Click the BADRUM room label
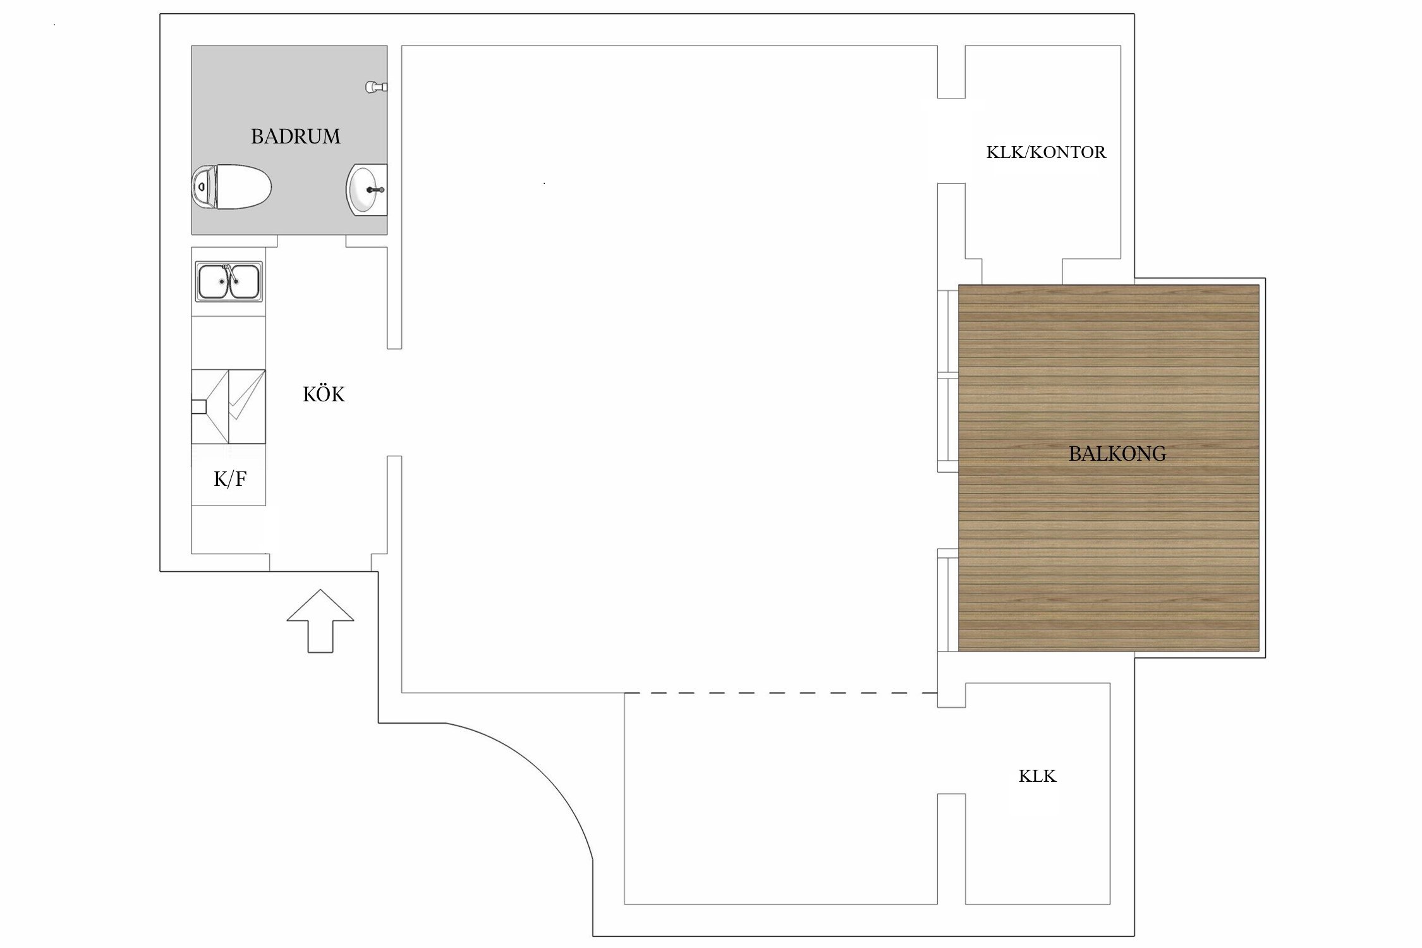click(x=295, y=137)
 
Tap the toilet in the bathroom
click(x=232, y=187)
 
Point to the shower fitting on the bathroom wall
click(x=376, y=87)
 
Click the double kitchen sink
click(x=228, y=281)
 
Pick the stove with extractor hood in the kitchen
click(x=228, y=406)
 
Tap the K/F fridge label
click(x=230, y=480)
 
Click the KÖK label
click(x=324, y=395)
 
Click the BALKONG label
click(x=1117, y=454)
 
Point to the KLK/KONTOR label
click(x=1046, y=152)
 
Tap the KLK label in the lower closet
click(x=1037, y=776)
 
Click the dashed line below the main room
click(x=781, y=693)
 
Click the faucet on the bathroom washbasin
click(x=376, y=189)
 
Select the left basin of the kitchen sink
click(x=214, y=282)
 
